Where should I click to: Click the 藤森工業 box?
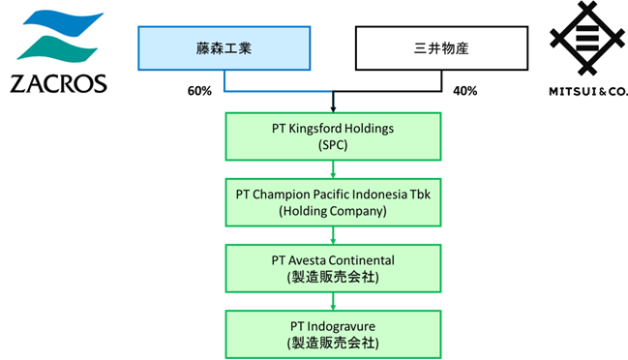point(224,48)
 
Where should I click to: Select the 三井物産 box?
point(441,48)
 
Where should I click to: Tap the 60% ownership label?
point(199,91)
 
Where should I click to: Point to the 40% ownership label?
point(465,91)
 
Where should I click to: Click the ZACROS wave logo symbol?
point(60,37)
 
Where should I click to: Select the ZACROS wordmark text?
point(58,83)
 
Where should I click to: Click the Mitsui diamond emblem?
point(586,39)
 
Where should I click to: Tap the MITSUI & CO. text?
point(587,92)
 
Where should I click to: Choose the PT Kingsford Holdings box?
point(333,136)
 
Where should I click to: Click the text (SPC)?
point(333,145)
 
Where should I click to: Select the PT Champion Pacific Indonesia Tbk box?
point(333,202)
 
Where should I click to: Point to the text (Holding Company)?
point(333,211)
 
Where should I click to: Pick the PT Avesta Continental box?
point(333,268)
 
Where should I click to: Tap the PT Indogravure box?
point(333,335)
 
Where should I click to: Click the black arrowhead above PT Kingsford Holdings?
point(333,109)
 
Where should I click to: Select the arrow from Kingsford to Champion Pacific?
point(333,169)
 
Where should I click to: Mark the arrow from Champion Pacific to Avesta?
point(333,235)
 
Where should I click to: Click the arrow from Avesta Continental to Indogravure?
point(333,302)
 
